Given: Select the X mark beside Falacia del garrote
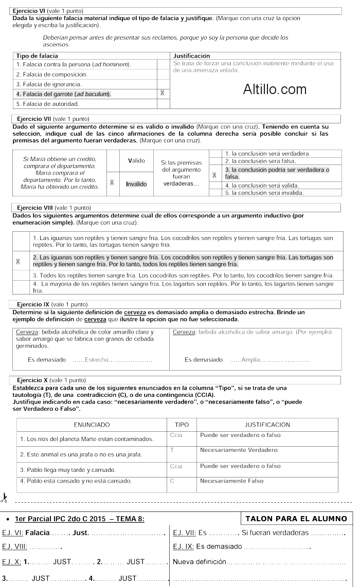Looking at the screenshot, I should (163, 93).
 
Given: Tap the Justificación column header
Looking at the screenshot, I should (192, 56).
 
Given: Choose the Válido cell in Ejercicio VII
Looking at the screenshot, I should (136, 161).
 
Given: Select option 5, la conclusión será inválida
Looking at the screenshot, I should (264, 193).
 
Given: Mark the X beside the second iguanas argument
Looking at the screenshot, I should (19, 261).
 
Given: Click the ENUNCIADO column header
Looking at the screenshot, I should (92, 425).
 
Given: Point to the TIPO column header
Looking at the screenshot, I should (182, 425).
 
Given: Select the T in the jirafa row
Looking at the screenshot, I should (172, 450).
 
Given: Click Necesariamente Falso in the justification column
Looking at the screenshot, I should (231, 481).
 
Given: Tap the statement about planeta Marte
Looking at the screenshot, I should (86, 439).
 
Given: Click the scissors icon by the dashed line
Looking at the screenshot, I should (4, 497).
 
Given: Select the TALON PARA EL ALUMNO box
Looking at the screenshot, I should (296, 519).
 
